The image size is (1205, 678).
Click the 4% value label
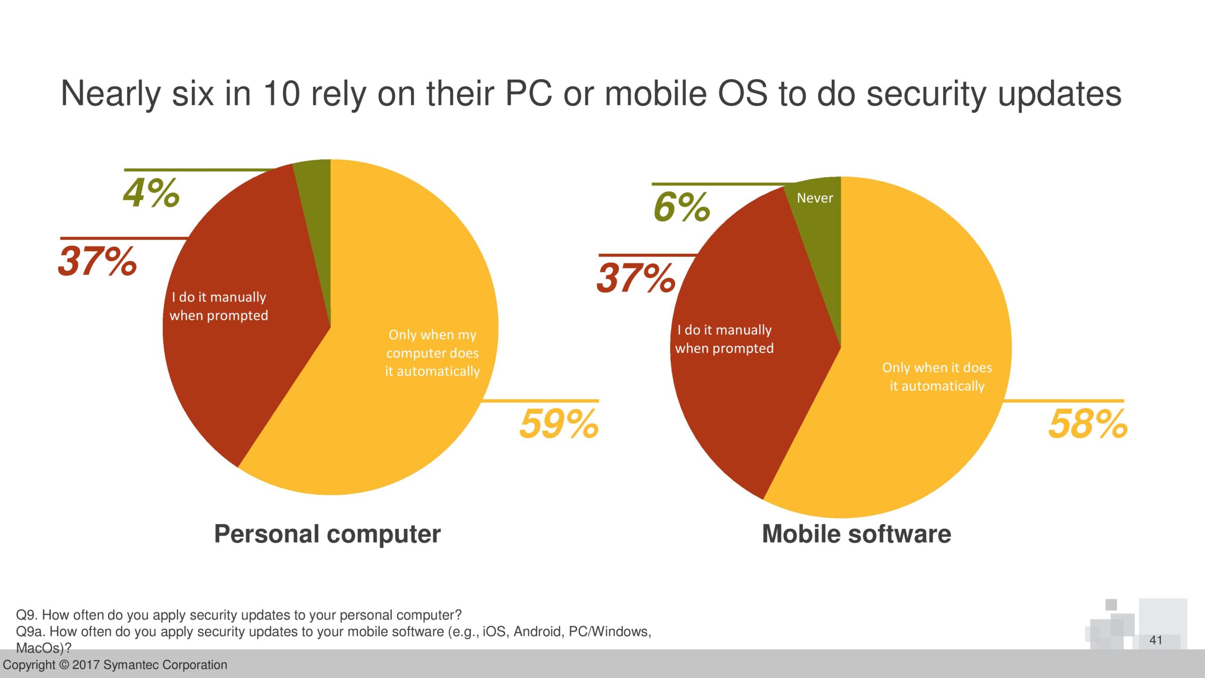(x=151, y=193)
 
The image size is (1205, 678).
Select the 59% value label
(x=559, y=424)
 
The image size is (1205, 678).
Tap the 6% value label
(x=682, y=207)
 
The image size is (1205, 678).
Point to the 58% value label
(x=1088, y=424)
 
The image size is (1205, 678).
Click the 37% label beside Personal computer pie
(x=97, y=261)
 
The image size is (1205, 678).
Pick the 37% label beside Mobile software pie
(x=636, y=278)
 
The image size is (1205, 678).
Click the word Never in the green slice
(x=815, y=198)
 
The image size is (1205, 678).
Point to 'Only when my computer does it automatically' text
(x=432, y=353)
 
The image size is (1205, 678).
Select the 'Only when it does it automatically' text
(x=937, y=377)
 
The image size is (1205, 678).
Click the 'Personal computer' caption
(x=327, y=534)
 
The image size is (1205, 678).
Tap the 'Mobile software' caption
(x=856, y=534)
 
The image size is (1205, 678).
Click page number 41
(x=1156, y=640)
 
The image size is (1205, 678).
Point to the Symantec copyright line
(x=115, y=665)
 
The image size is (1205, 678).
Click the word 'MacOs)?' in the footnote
(x=43, y=648)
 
